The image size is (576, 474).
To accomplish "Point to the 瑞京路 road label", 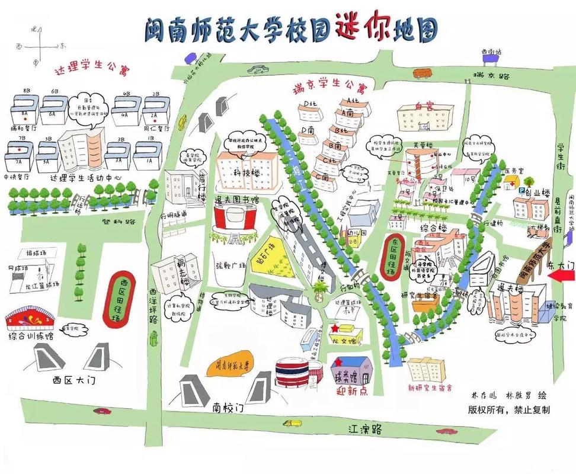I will point(488,76).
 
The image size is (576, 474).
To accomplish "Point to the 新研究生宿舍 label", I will point(430,388).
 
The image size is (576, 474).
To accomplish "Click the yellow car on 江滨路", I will point(292,423).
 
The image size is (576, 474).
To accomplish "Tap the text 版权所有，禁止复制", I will point(508,409).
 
